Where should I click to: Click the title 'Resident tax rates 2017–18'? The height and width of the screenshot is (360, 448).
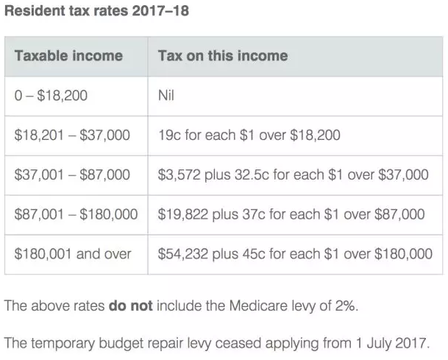coord(92,13)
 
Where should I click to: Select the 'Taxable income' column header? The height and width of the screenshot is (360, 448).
coord(68,56)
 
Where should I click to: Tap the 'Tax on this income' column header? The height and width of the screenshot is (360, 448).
coord(223,56)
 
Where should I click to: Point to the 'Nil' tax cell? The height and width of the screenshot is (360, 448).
coord(166,96)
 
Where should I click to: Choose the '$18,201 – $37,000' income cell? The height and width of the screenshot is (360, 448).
coord(72,135)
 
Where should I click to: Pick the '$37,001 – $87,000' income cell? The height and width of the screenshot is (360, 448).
coord(72,175)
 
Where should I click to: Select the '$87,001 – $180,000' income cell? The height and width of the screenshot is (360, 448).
coord(76,214)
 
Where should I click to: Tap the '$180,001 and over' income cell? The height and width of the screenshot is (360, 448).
coord(73,254)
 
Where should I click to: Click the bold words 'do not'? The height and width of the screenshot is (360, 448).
coord(130,305)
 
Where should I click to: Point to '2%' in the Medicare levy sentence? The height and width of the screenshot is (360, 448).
coord(344,305)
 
